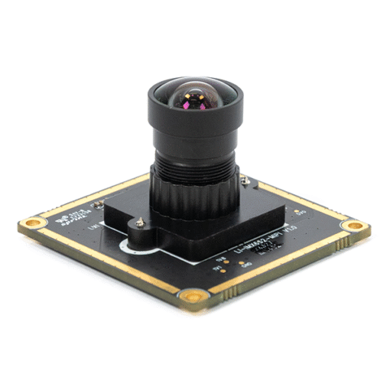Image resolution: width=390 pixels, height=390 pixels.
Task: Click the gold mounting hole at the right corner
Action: coord(353,225)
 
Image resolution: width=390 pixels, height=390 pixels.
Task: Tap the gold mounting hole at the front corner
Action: coord(194,297)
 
